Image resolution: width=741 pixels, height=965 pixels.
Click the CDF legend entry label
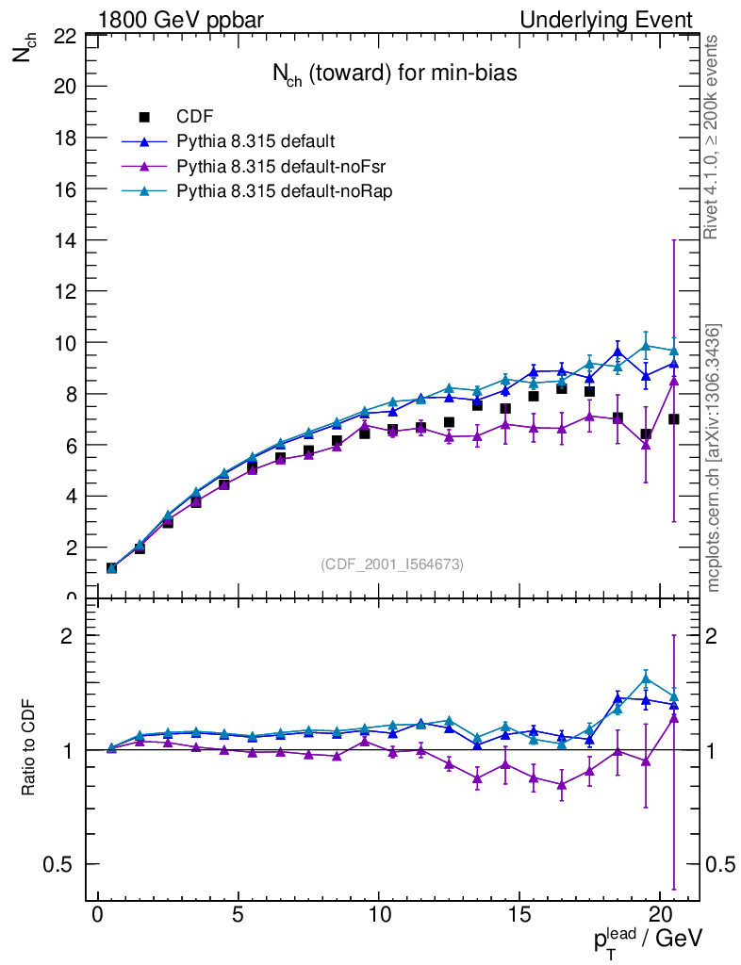tap(195, 117)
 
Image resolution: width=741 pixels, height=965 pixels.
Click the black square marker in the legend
tap(144, 117)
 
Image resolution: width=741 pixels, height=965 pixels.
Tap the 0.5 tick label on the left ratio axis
tap(59, 864)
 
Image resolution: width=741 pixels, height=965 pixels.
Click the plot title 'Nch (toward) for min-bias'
tap(388, 74)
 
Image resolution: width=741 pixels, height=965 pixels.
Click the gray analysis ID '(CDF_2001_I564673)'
tap(392, 564)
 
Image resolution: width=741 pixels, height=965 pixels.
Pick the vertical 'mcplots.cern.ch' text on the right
tap(714, 459)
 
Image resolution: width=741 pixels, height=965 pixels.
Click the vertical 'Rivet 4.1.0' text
tap(714, 137)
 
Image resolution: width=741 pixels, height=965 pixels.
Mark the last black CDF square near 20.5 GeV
tap(674, 419)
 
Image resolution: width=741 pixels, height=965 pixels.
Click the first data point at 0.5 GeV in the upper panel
tap(111, 567)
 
